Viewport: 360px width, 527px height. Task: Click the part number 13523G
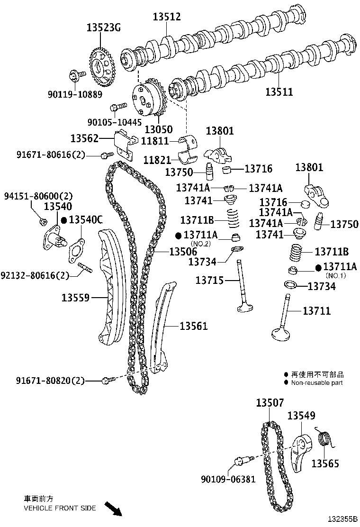pyautogui.click(x=103, y=28)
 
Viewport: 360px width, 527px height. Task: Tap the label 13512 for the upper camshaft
pyautogui.click(x=166, y=17)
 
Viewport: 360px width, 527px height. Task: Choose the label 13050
pyautogui.click(x=159, y=129)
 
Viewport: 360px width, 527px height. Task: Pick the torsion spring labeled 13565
pyautogui.click(x=324, y=439)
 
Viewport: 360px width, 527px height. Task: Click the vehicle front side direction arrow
pyautogui.click(x=113, y=509)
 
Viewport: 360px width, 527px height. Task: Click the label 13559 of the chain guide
pyautogui.click(x=76, y=298)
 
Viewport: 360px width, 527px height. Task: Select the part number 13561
pyautogui.click(x=193, y=326)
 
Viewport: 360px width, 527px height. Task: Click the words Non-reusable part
pyautogui.click(x=316, y=383)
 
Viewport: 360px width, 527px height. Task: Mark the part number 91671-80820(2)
pyautogui.click(x=50, y=380)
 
